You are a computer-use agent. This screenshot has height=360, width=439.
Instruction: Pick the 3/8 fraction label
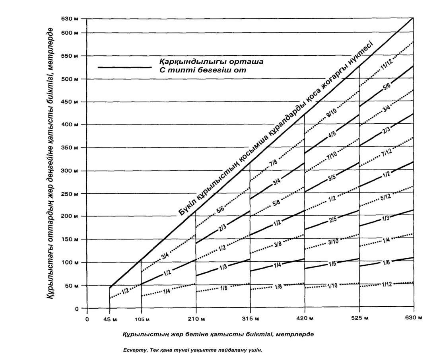pyautogui.click(x=278, y=244)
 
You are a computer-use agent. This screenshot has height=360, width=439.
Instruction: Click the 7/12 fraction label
pyautogui.click(x=387, y=154)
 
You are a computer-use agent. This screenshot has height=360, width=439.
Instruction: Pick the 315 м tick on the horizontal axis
pyautogui.click(x=251, y=319)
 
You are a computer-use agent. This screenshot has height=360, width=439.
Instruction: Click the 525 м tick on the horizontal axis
pyautogui.click(x=359, y=319)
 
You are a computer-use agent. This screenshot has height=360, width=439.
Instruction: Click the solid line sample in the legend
pyautogui.click(x=124, y=67)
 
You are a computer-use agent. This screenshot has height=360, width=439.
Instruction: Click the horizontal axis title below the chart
pyautogui.click(x=219, y=334)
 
